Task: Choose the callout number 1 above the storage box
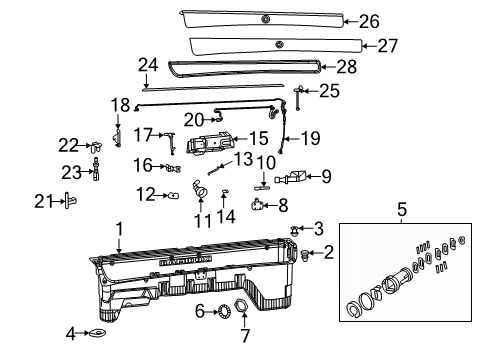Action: pyautogui.click(x=119, y=229)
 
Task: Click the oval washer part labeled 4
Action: pyautogui.click(x=100, y=332)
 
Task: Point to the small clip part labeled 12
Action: pyautogui.click(x=174, y=194)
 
